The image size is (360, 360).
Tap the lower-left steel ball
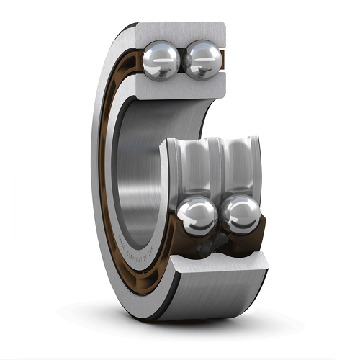click(x=197, y=216)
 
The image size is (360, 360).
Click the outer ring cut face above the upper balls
click(x=180, y=32)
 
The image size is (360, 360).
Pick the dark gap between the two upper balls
click(x=182, y=61)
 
